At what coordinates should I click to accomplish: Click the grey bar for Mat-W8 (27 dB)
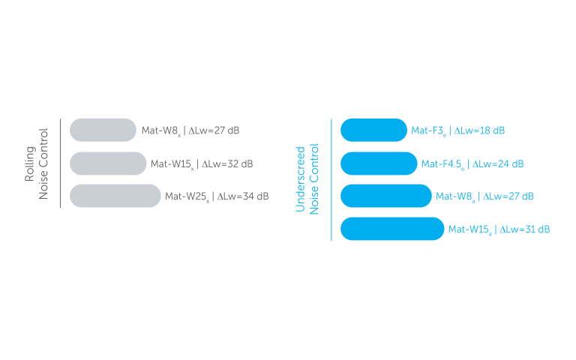(103, 130)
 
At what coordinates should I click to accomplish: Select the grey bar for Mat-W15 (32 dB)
(108, 163)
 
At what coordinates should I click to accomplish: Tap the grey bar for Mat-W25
(115, 196)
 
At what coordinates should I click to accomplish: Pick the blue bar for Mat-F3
(373, 130)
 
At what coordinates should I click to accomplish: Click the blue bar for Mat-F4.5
(379, 163)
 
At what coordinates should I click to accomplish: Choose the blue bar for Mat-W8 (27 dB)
(386, 196)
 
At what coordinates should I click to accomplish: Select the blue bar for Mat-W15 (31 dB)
(392, 229)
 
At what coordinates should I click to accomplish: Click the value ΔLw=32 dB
(226, 163)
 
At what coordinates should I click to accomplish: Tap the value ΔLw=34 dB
(242, 196)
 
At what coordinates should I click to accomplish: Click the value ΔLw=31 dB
(524, 229)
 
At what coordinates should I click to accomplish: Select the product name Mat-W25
(187, 196)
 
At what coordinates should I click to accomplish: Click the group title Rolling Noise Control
(37, 163)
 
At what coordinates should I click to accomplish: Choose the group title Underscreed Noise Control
(307, 178)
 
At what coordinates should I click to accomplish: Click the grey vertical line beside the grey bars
(60, 163)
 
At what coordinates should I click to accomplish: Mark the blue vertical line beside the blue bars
(331, 179)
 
